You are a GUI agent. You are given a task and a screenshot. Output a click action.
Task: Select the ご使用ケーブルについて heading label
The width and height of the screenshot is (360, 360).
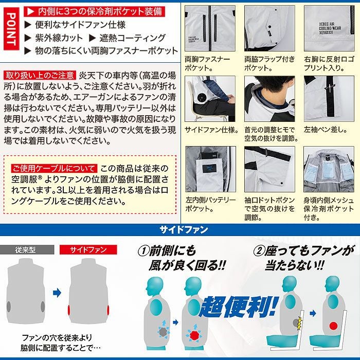(x=53, y=168)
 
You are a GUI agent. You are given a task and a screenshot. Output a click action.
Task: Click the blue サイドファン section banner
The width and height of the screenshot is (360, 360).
(x=180, y=230)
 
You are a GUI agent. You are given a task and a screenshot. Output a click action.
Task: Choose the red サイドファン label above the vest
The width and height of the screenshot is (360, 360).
(x=86, y=250)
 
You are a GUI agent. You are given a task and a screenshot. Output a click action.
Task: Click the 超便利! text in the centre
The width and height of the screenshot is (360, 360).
(x=237, y=306)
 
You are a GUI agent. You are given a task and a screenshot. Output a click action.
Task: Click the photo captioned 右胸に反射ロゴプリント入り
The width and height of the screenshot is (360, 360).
(x=329, y=28)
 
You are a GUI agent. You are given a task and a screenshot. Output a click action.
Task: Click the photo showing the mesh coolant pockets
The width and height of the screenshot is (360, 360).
(x=329, y=170)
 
